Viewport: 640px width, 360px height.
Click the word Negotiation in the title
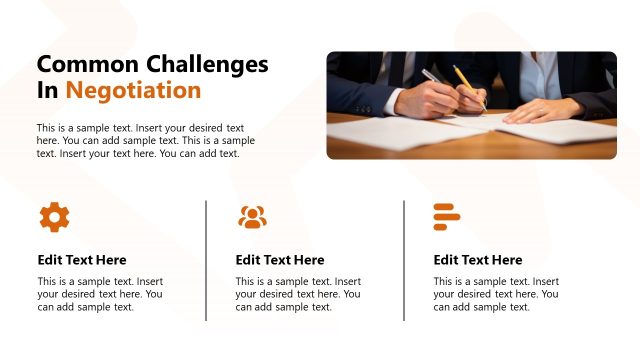133,91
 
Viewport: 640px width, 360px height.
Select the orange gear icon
54,216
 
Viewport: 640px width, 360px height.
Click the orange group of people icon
252,216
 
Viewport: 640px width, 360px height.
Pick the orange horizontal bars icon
446,216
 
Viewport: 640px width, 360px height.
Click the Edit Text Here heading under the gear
82,260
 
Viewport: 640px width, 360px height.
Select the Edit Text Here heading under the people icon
280,260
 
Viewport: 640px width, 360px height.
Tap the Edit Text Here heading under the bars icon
478,260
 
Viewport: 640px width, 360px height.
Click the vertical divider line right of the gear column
207,260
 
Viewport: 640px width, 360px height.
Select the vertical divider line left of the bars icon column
405,260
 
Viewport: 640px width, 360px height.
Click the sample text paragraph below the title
146,141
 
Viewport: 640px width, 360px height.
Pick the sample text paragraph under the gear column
100,294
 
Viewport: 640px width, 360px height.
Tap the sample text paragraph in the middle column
298,294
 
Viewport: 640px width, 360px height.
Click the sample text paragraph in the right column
496,294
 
